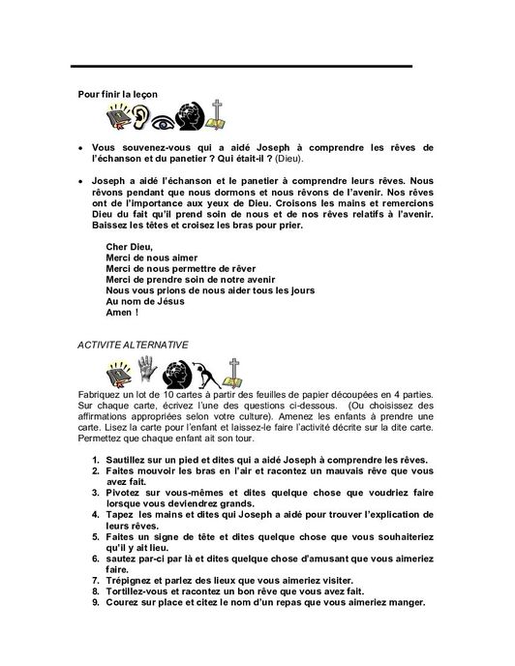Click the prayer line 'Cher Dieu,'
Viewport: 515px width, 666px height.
[130, 246]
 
